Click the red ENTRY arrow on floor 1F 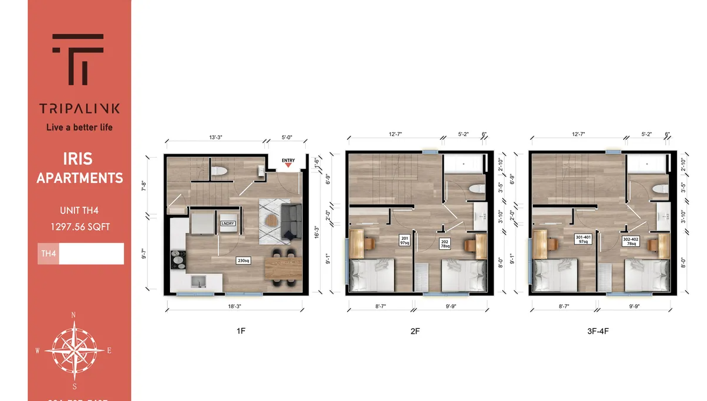coord(288,165)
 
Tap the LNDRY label coord(227,224)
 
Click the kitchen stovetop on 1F coord(178,258)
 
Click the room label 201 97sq coord(405,240)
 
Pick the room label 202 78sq coord(445,243)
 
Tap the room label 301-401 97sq coord(583,239)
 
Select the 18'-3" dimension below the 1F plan coord(235,307)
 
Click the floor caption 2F coord(415,331)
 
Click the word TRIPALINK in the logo coord(79,109)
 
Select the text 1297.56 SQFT coord(80,227)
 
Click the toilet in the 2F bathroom coord(476,190)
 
